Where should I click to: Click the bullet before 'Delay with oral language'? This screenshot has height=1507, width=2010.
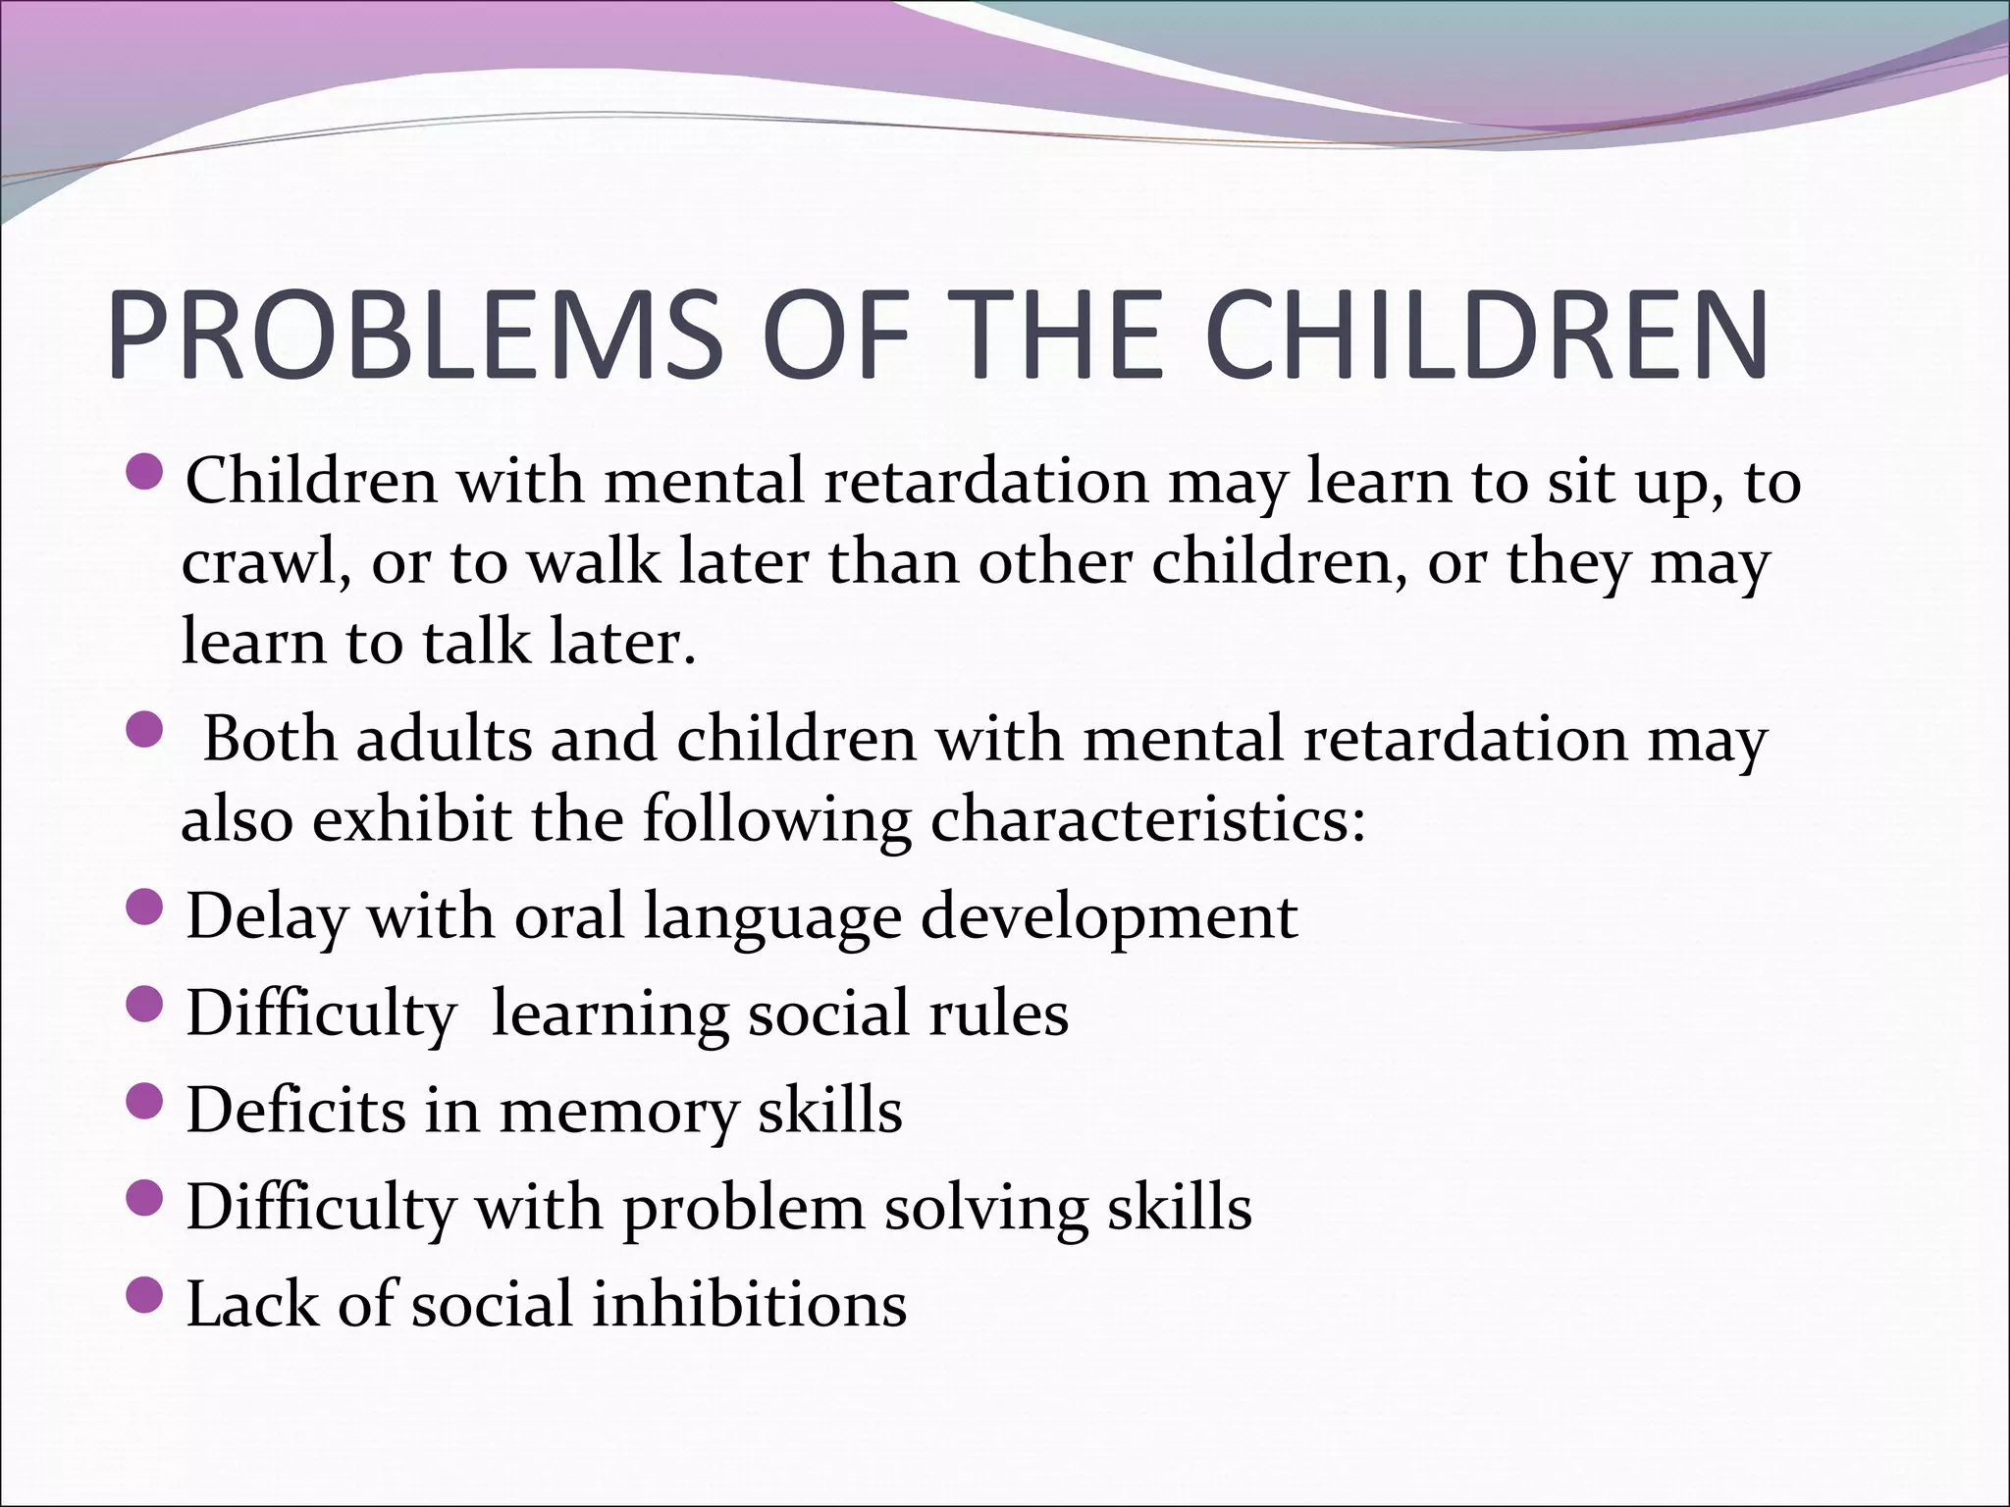[x=144, y=909]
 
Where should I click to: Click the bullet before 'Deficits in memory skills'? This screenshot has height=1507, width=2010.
[x=144, y=1102]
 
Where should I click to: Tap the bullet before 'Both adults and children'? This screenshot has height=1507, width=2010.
[x=144, y=731]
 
